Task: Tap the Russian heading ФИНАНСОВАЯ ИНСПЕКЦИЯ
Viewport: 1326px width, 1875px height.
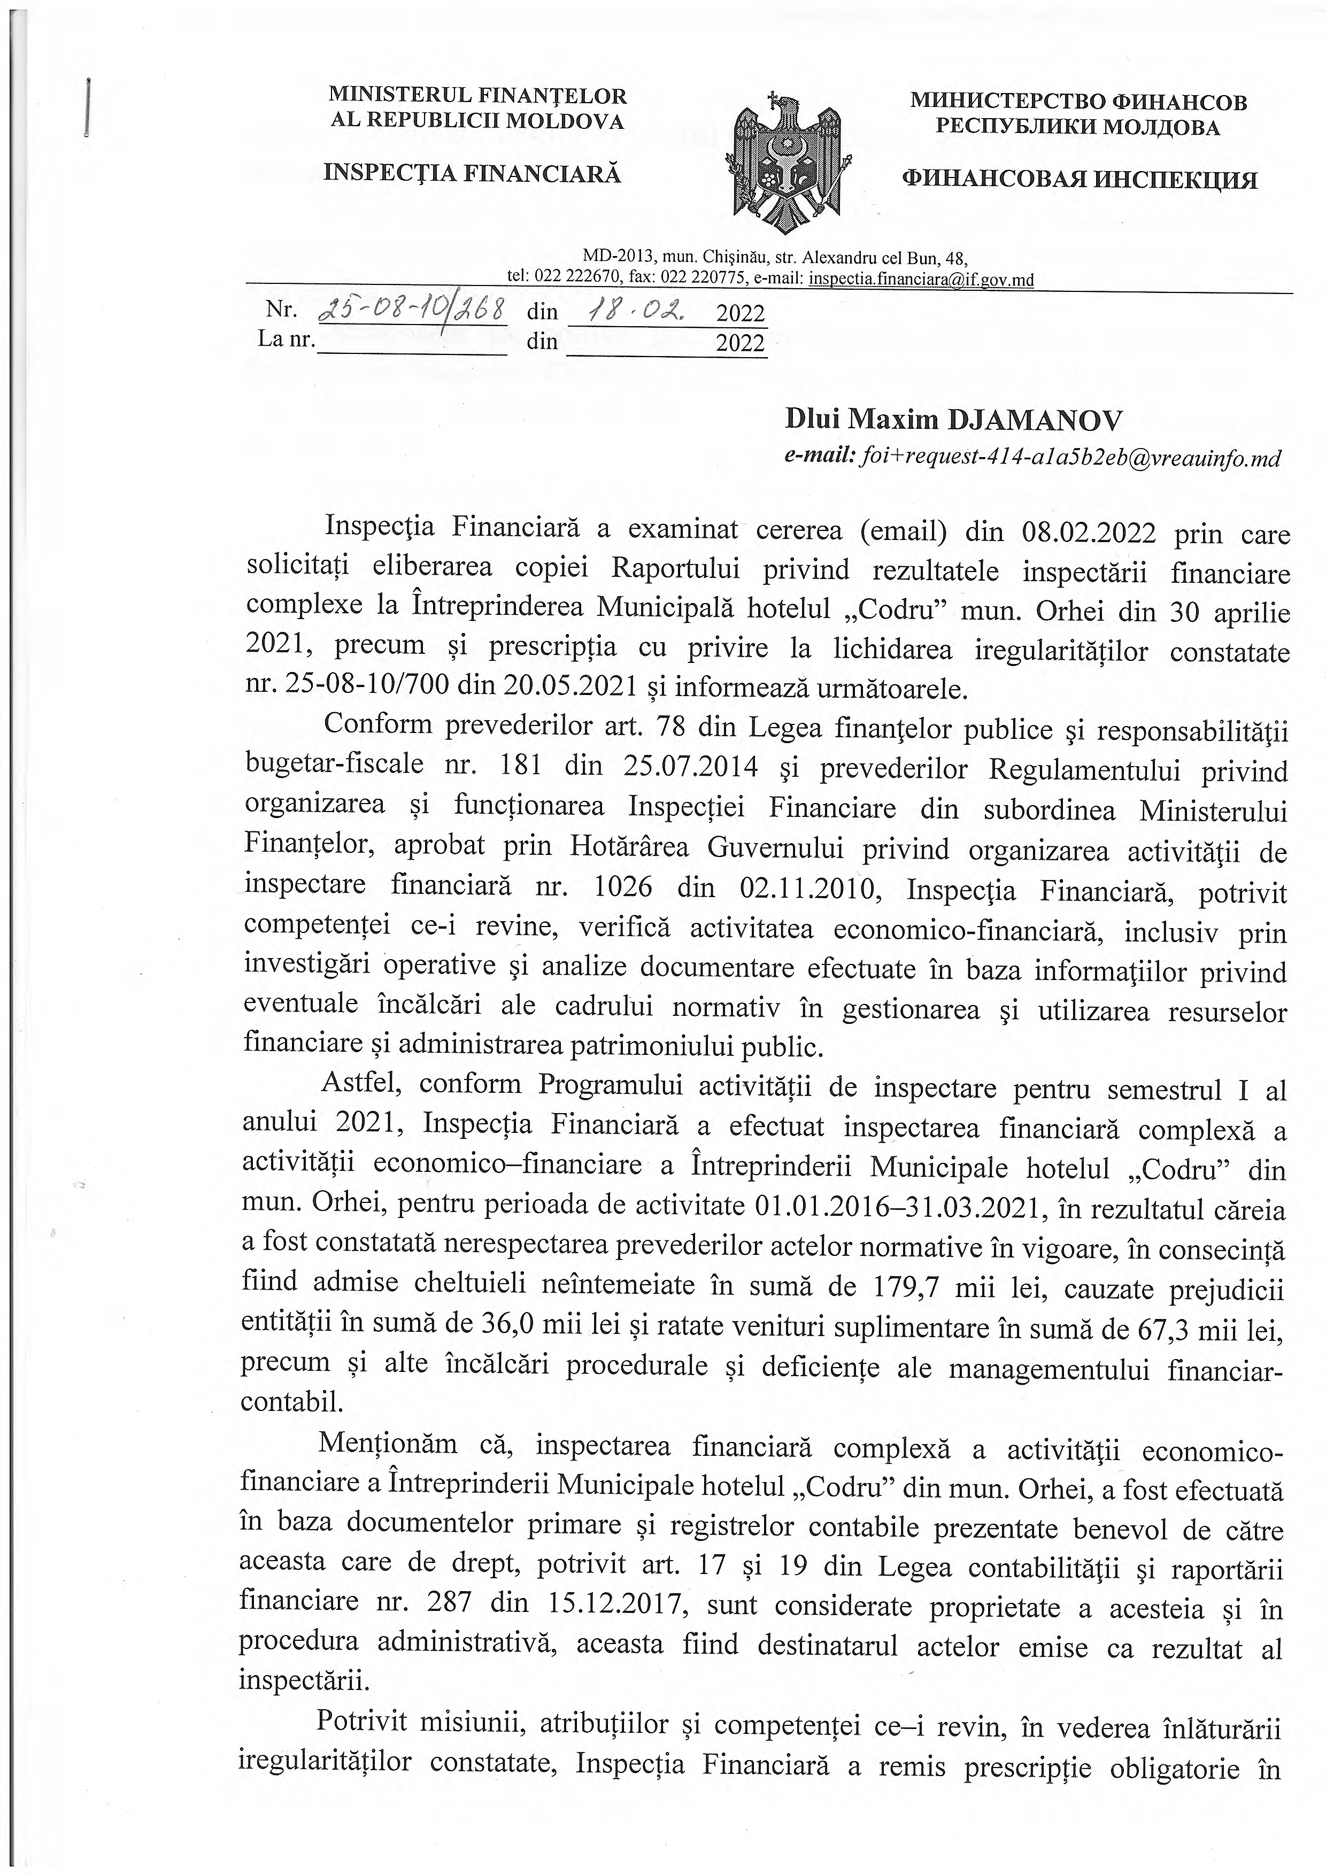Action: pos(1080,180)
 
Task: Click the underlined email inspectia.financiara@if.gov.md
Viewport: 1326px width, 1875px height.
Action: pos(920,280)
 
